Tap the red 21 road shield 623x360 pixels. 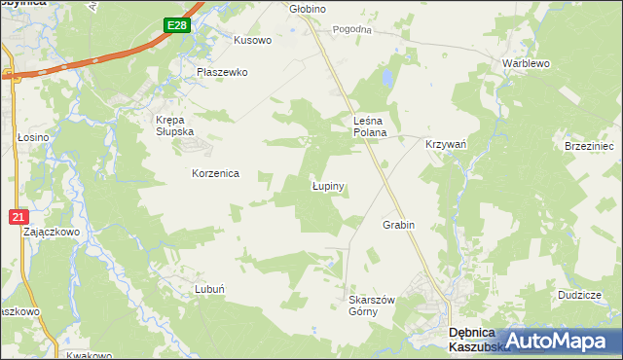coord(18,218)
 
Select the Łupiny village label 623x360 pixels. coord(330,185)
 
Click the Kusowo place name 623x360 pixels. coord(252,41)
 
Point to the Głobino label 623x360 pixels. coord(308,9)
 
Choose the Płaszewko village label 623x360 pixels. coord(223,72)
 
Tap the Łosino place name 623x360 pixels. coord(33,138)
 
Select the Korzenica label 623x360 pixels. coord(215,173)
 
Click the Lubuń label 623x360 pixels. coord(210,289)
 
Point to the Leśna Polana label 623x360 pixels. coord(370,126)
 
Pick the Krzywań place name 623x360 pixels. coord(447,143)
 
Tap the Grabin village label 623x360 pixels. coord(398,225)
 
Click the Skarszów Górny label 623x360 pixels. coord(371,306)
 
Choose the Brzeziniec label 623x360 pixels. coord(589,145)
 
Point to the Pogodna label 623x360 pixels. coord(352,29)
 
